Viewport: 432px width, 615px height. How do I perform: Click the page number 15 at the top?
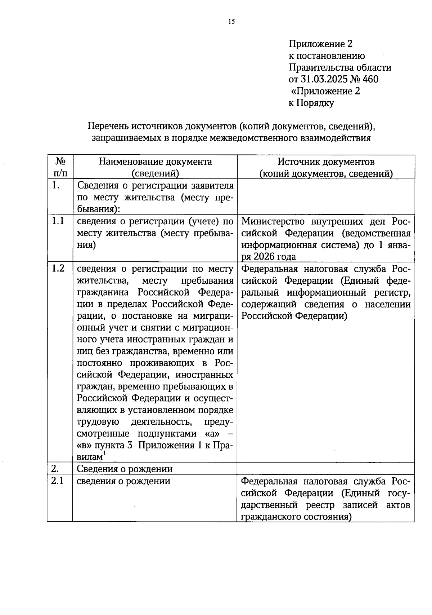tap(231, 22)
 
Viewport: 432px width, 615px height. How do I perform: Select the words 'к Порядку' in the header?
tap(311, 103)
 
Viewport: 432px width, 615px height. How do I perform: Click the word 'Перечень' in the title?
tap(108, 127)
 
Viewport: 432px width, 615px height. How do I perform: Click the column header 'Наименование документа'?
tap(155, 162)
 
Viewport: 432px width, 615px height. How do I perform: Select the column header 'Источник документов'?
tap(326, 162)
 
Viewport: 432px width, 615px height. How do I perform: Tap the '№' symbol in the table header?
tap(60, 161)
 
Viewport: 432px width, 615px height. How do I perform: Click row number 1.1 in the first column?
tap(58, 221)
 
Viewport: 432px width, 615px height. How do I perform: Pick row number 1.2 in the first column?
tap(58, 269)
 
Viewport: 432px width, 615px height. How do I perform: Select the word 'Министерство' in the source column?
tap(273, 221)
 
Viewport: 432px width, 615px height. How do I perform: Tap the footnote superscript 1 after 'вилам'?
tap(104, 453)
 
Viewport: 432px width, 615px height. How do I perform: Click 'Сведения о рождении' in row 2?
tap(125, 469)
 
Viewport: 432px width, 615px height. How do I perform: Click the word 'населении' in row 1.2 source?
tap(388, 304)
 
